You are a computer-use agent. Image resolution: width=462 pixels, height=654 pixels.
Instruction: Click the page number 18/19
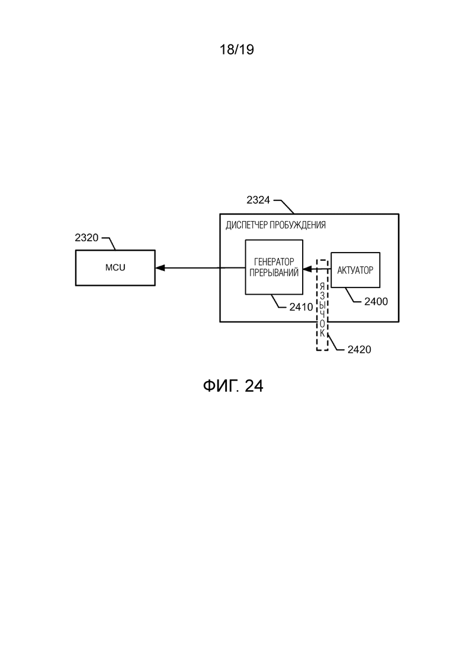[x=236, y=50]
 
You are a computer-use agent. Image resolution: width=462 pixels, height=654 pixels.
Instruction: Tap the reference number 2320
[x=86, y=238]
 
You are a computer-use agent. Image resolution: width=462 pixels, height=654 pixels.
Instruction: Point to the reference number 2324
[x=258, y=200]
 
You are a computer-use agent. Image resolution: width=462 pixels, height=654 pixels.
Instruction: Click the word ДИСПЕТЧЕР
[x=246, y=225]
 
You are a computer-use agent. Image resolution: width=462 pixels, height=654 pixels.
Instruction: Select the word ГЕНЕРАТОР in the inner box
[x=274, y=262]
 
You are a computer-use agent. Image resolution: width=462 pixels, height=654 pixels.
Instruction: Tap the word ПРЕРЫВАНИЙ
[x=274, y=273]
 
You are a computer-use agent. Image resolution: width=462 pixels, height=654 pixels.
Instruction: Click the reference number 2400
[x=376, y=302]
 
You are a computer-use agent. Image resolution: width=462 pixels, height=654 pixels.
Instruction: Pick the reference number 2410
[x=301, y=307]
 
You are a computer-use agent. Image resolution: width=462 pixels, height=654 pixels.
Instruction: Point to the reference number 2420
[x=359, y=349]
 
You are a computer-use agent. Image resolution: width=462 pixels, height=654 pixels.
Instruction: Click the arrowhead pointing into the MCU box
[x=159, y=268]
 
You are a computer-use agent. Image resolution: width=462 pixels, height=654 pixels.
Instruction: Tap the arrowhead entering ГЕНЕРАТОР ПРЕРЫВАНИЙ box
[x=307, y=269]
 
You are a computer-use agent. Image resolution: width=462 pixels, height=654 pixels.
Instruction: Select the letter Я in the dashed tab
[x=322, y=286]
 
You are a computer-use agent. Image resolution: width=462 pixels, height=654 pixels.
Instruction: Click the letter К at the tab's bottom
[x=322, y=333]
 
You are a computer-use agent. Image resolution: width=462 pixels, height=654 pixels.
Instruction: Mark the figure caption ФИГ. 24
[x=233, y=386]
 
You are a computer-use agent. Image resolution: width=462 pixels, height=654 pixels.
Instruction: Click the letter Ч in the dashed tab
[x=322, y=314]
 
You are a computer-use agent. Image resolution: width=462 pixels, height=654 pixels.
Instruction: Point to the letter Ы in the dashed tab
[x=322, y=305]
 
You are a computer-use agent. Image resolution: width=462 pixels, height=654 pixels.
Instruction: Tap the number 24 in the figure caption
[x=254, y=386]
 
